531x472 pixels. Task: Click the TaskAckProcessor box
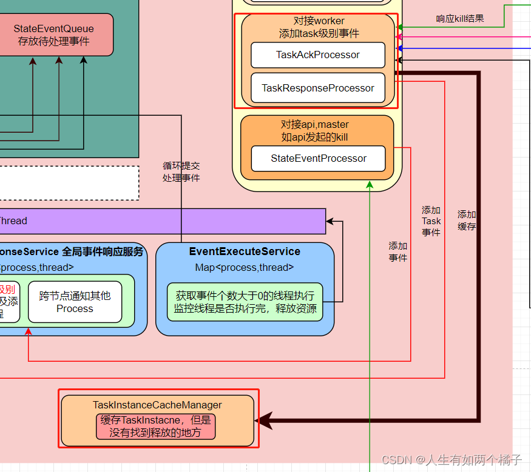point(318,55)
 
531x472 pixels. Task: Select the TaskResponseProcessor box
point(318,88)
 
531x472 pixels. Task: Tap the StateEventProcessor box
point(318,158)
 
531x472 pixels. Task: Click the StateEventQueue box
point(54,35)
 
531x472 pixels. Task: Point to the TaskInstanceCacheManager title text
point(157,405)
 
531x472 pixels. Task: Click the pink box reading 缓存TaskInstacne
point(156,427)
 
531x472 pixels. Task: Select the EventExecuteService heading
point(245,251)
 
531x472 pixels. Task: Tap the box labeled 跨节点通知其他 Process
point(75,302)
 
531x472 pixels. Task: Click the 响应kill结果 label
point(460,18)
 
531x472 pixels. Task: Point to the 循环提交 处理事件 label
point(181,171)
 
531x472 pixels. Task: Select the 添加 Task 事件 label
point(431,221)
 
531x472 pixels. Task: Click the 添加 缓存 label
point(467,221)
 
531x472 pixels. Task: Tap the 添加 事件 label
point(398,251)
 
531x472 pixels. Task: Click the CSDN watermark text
point(452,460)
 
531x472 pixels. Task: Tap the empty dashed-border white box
point(67,183)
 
